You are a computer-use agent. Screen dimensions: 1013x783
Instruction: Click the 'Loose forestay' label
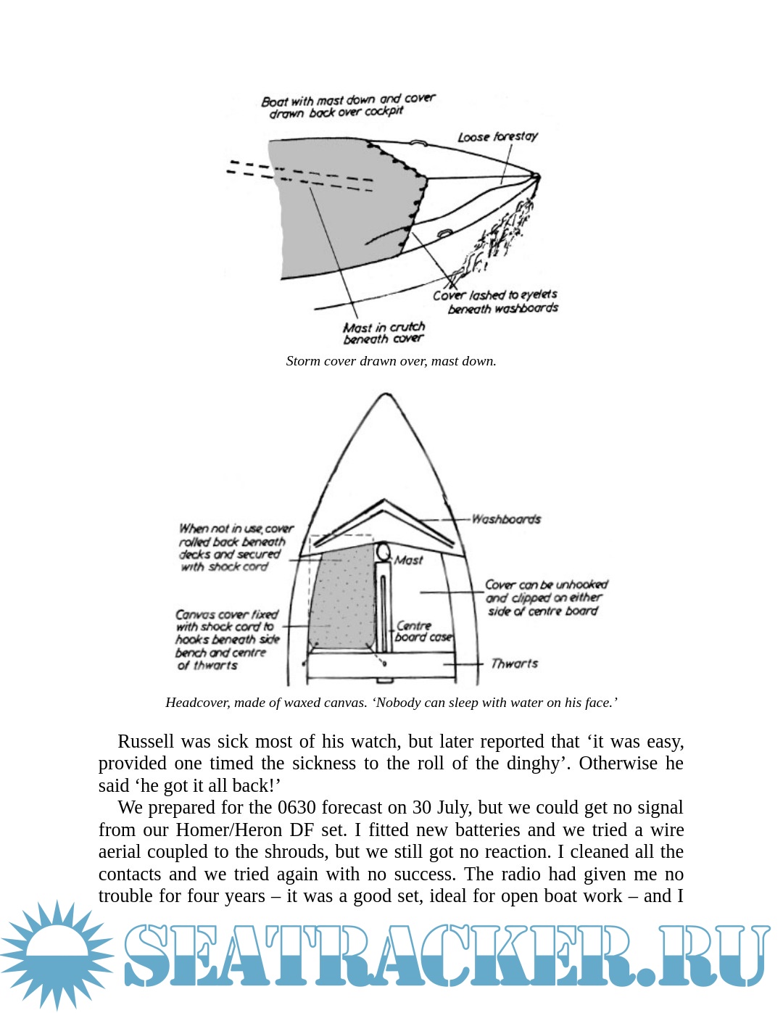[x=497, y=136]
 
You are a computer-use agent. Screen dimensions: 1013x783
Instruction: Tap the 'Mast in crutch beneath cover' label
[x=384, y=333]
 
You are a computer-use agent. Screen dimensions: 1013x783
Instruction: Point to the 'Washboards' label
[x=506, y=519]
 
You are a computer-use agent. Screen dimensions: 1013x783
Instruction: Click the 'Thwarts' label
[x=514, y=663]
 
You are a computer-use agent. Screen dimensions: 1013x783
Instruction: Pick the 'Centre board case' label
[x=423, y=632]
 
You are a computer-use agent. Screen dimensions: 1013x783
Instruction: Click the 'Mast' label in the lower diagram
[x=409, y=560]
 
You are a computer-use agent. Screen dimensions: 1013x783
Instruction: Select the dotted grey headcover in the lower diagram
[x=341, y=602]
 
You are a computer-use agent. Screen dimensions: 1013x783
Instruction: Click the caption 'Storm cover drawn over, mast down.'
[x=391, y=361]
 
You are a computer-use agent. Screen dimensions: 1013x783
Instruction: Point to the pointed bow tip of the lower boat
[x=386, y=396]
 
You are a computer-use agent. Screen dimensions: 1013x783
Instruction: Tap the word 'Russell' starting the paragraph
[x=146, y=741]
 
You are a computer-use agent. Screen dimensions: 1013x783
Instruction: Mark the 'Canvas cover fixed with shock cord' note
[x=227, y=640]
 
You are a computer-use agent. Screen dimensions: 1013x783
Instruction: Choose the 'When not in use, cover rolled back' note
[x=234, y=547]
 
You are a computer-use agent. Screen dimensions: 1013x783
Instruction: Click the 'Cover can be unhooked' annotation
[x=545, y=598]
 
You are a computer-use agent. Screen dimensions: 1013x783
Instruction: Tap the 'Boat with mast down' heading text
[x=347, y=105]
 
